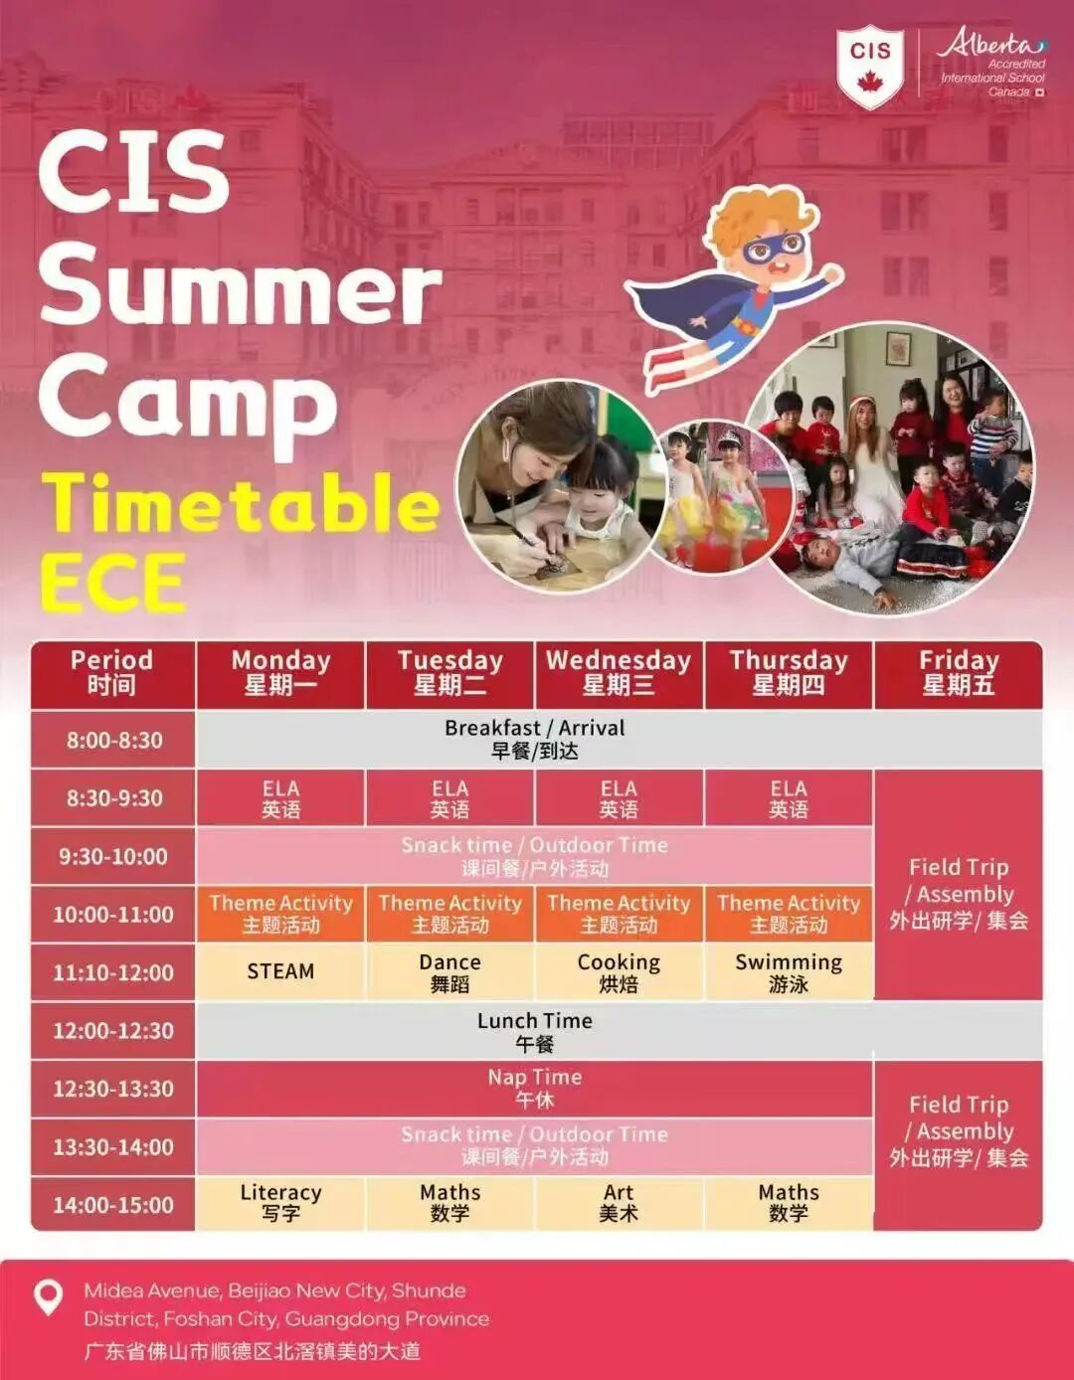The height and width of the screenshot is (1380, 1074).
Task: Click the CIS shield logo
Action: pyautogui.click(x=870, y=66)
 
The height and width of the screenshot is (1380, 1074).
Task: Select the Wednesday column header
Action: pyautogui.click(x=620, y=674)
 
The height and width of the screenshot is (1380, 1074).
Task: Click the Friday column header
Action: pyautogui.click(x=959, y=674)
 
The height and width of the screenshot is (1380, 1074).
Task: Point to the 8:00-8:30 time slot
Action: pyautogui.click(x=113, y=740)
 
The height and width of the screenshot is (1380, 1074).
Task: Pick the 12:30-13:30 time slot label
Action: pyautogui.click(x=113, y=1089)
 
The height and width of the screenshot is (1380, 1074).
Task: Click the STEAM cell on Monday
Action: pyautogui.click(x=280, y=971)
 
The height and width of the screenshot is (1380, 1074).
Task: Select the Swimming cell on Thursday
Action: pyautogui.click(x=789, y=971)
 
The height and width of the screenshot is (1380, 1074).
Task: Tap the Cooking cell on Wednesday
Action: pyautogui.click(x=620, y=971)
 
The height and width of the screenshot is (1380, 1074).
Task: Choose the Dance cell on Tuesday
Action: pyautogui.click(x=449, y=971)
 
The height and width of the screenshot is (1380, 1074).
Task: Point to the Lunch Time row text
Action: pyautogui.click(x=535, y=1031)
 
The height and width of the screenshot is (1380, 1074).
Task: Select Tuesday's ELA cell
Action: pyautogui.click(x=449, y=798)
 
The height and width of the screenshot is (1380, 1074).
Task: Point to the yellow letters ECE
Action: pyautogui.click(x=113, y=582)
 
